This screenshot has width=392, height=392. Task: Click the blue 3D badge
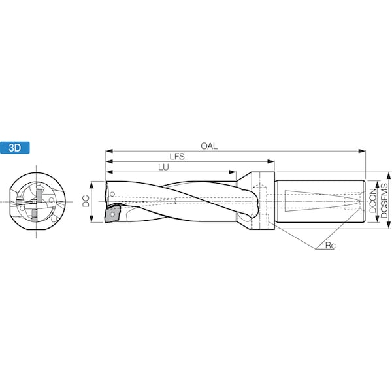tap(15, 148)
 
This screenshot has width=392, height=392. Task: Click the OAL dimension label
tap(209, 146)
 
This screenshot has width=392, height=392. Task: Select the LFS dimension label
tap(177, 157)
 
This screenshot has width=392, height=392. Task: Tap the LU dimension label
tap(163, 167)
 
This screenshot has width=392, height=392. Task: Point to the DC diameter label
tap(86, 201)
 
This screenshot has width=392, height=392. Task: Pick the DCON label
tap(372, 201)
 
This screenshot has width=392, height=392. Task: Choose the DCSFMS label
tap(384, 201)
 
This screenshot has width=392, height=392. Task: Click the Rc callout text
tap(330, 246)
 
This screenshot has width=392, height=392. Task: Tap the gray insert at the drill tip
tap(112, 214)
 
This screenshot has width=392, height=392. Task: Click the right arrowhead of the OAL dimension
tap(362, 151)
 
